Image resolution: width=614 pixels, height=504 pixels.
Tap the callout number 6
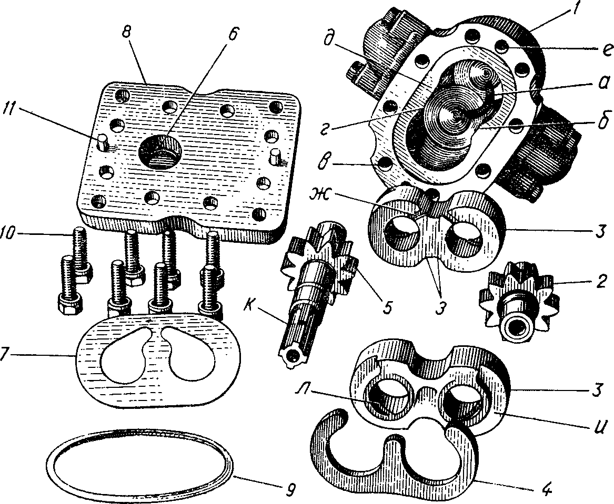(233, 33)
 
